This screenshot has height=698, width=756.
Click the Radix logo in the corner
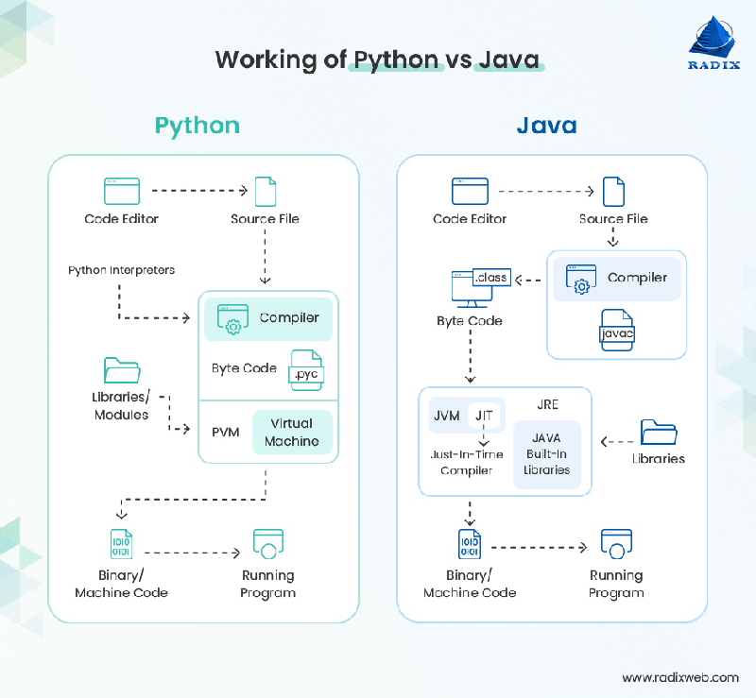tap(713, 43)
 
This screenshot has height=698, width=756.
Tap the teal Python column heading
tap(198, 127)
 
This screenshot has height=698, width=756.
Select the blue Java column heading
tap(547, 126)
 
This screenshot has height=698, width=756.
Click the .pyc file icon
tap(306, 370)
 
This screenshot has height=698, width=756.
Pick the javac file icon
tap(617, 331)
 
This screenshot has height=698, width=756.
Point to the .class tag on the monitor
tap(491, 277)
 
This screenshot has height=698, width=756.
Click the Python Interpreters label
tap(122, 270)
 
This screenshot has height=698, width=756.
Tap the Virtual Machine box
tap(292, 432)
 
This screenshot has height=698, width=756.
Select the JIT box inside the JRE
tap(484, 416)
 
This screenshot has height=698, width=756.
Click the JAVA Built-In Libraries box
tap(547, 454)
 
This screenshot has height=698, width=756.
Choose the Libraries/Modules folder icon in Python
tap(122, 370)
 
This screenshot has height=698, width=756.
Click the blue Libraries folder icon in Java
tap(659, 432)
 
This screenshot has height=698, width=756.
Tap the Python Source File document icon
tap(266, 192)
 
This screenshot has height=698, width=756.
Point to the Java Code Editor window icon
tap(470, 191)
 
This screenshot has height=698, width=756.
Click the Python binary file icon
tap(121, 544)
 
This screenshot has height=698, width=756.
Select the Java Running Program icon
tap(617, 544)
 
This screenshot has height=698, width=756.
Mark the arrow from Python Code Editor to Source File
tap(199, 191)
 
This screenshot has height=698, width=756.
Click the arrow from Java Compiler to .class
tap(528, 280)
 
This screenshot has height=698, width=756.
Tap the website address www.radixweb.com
tap(680, 677)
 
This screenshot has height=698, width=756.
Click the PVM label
tap(226, 432)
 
